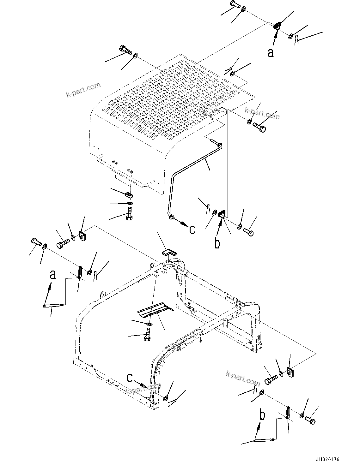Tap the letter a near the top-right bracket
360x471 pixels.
pyautogui.click(x=271, y=52)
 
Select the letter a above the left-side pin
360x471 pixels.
pyautogui.click(x=53, y=274)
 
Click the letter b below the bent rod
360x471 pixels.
pyautogui.click(x=217, y=243)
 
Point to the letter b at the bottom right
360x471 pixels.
pyautogui.click(x=262, y=416)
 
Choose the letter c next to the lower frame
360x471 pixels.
pyautogui.click(x=130, y=378)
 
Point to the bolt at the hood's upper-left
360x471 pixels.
pyautogui.click(x=125, y=50)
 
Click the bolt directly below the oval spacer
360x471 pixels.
pyautogui.click(x=129, y=214)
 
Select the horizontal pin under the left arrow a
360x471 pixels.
pyautogui.click(x=53, y=305)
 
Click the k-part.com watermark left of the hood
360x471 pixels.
pyautogui.click(x=83, y=90)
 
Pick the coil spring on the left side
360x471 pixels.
pyautogui.click(x=80, y=272)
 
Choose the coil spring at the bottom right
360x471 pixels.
pyautogui.click(x=288, y=412)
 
